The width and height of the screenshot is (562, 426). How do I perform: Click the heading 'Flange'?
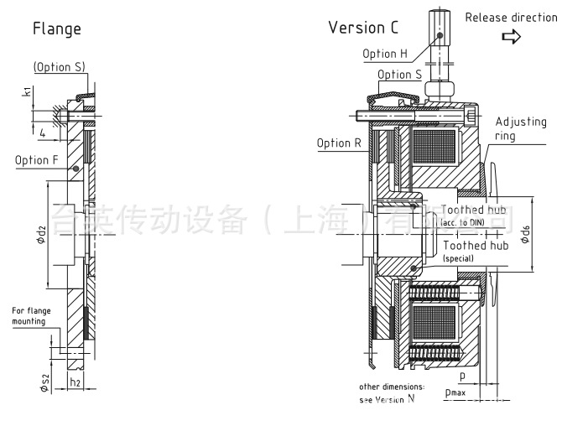pos(57,29)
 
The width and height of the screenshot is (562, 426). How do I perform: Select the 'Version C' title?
pos(363,28)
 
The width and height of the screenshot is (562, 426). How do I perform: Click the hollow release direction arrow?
pos(510,37)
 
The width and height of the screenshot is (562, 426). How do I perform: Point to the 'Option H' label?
pos(385,54)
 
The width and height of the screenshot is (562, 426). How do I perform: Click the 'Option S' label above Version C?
pos(399,75)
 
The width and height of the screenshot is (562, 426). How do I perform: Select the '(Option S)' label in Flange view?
pos(60,67)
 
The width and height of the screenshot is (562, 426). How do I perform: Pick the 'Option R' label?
pos(339,143)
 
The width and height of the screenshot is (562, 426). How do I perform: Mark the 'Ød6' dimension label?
pos(525,234)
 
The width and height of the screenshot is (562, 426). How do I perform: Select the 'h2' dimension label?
pos(75,383)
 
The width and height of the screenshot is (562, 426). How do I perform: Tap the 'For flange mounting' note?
pos(31,315)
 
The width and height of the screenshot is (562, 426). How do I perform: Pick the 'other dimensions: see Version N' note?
pos(392,392)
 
